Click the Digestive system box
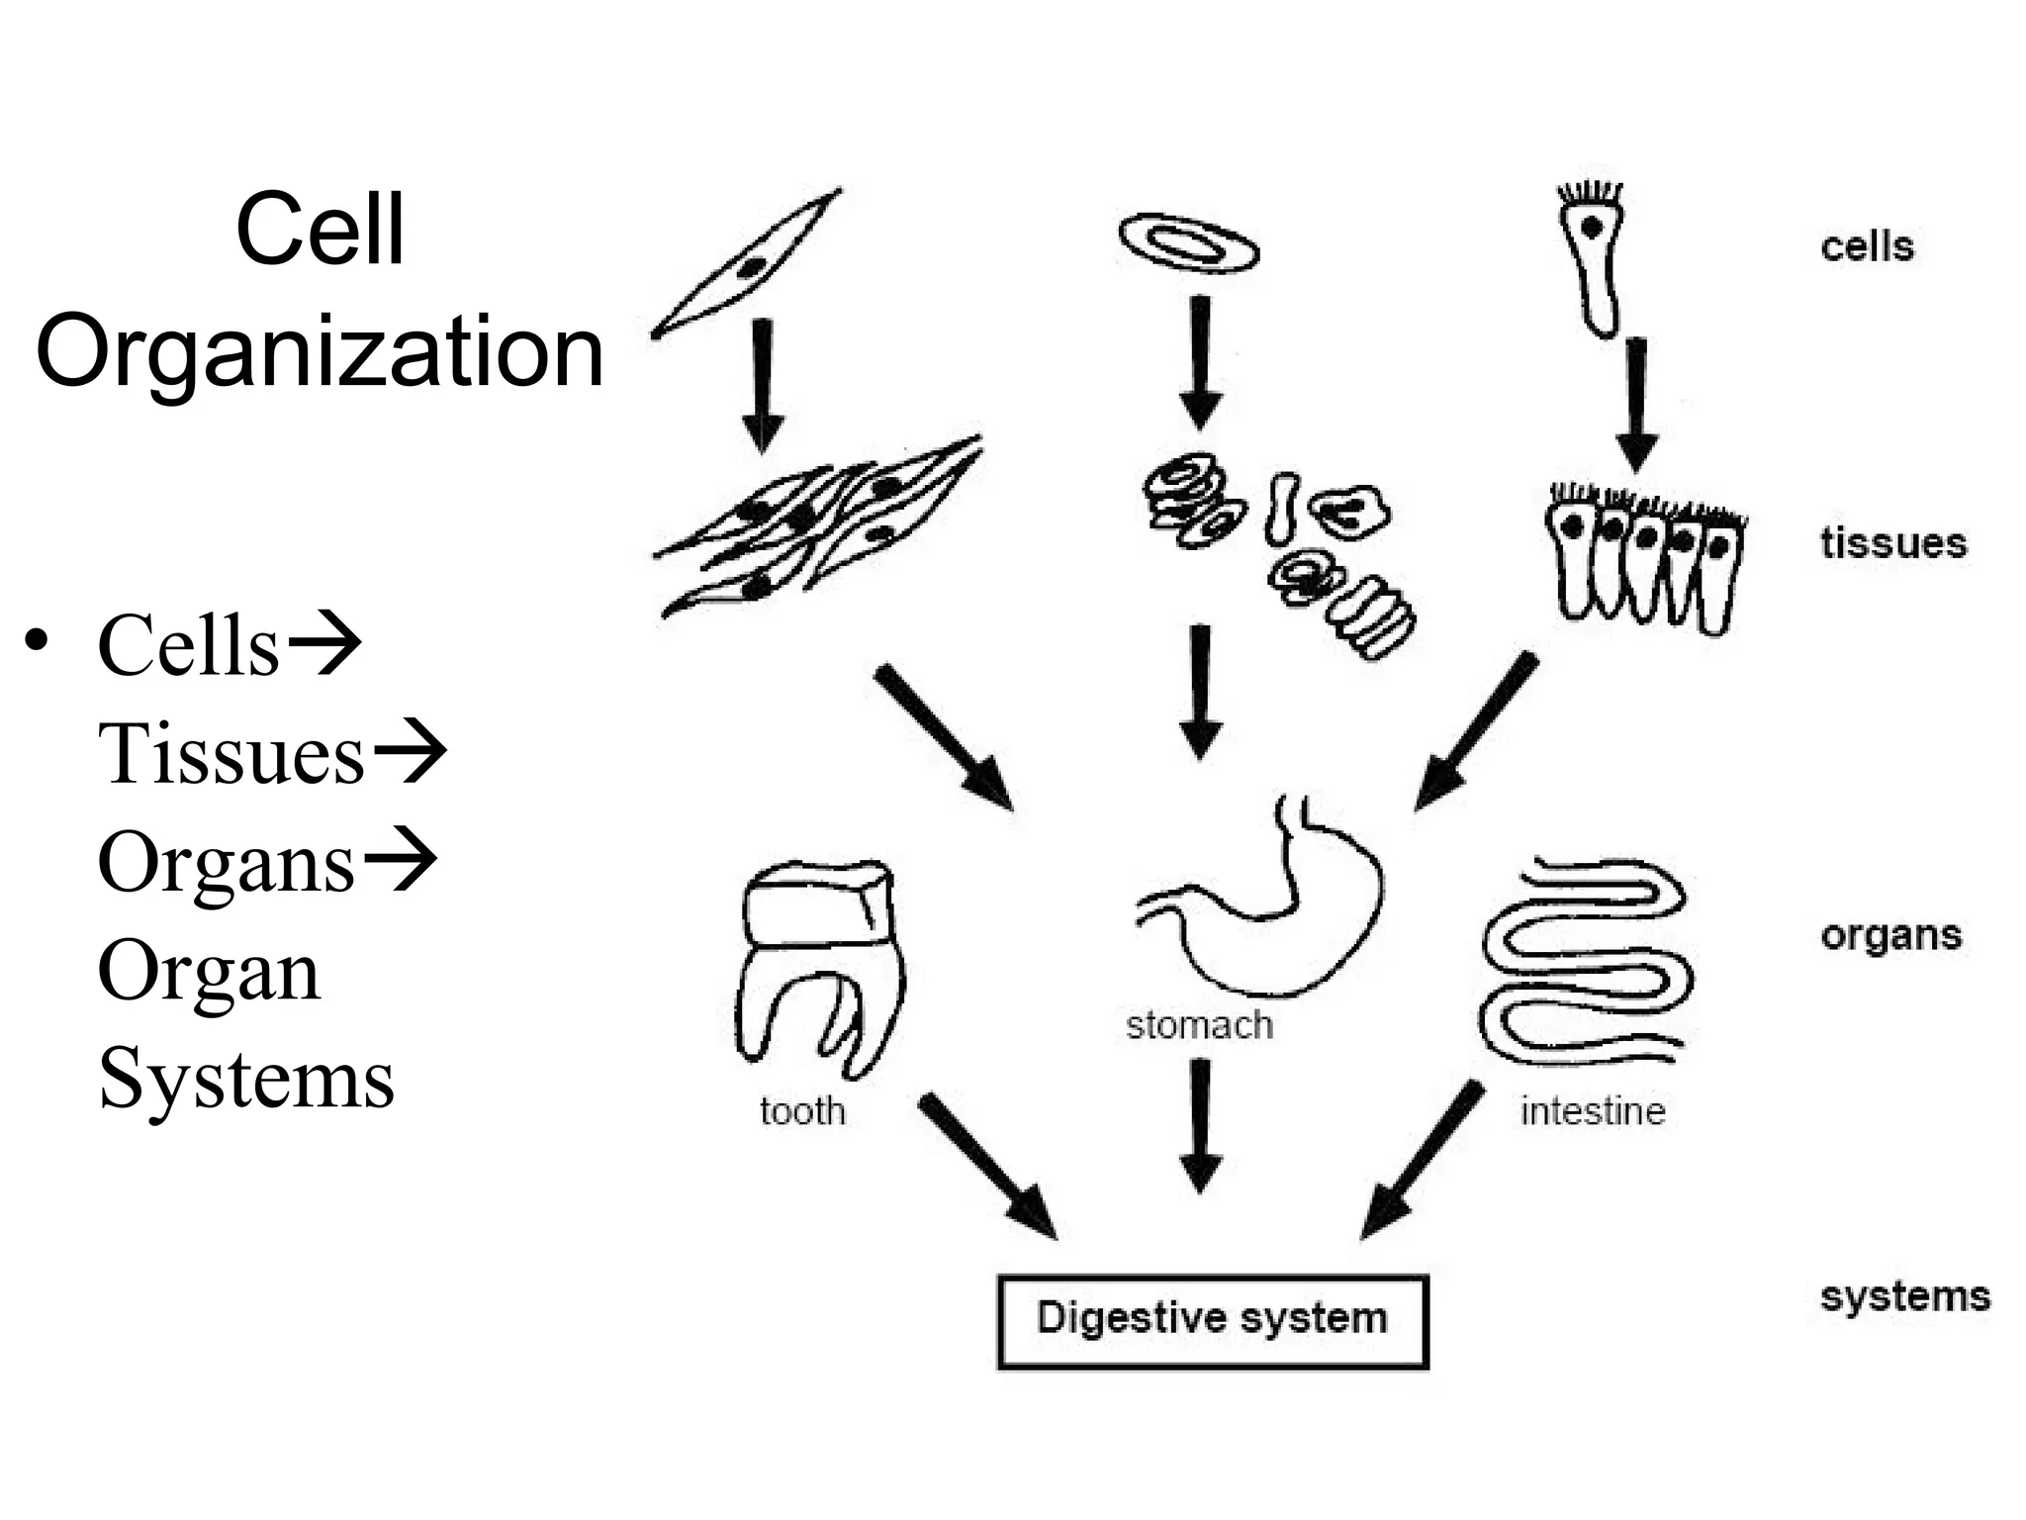(1212, 1321)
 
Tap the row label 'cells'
(1867, 246)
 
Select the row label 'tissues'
(1892, 543)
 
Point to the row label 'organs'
(1890, 936)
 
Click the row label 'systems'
(1904, 1296)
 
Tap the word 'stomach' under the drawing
(1199, 1025)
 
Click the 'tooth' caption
(802, 1111)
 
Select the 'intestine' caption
(1593, 1111)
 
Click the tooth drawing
(819, 965)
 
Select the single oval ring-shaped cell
(1188, 242)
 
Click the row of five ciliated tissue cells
(1644, 559)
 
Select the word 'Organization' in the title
(320, 352)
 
